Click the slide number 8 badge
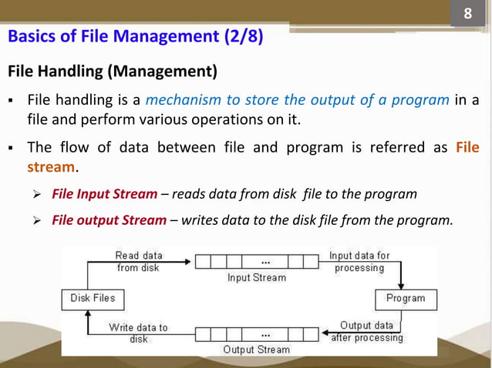[467, 15]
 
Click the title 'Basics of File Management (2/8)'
[135, 36]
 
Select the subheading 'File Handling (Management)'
[113, 72]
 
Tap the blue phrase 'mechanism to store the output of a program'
[298, 100]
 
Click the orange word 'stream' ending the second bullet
[51, 166]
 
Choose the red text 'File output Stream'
[109, 220]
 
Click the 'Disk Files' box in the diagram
[93, 298]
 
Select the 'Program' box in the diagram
[406, 298]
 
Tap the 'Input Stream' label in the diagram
[256, 277]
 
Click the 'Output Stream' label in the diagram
[256, 350]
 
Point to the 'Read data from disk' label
[138, 262]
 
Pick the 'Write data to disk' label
[139, 333]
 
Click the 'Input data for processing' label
[359, 262]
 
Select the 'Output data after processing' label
[366, 332]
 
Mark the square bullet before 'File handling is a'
[13, 101]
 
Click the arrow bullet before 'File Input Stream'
[42, 194]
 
